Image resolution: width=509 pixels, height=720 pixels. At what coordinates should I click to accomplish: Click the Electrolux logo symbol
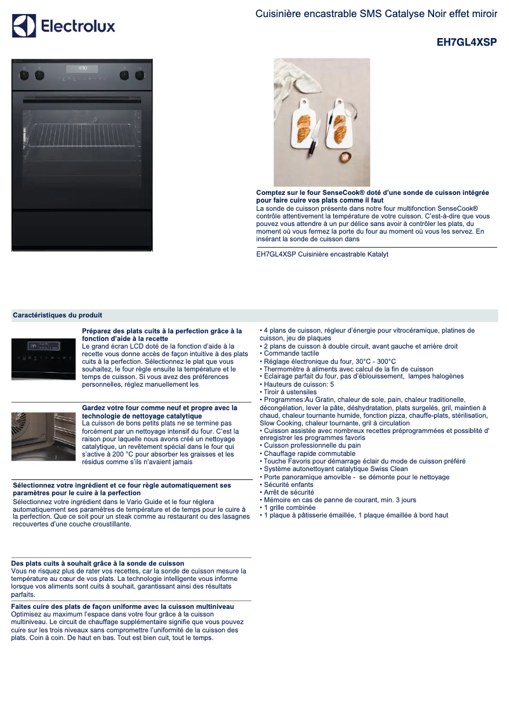pos(24,26)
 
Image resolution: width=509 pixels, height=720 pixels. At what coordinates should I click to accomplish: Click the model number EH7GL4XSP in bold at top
pos(466,43)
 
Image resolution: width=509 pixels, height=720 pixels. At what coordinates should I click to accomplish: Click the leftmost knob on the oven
pos(24,75)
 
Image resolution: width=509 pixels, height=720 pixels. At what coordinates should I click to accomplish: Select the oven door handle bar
pos(83,98)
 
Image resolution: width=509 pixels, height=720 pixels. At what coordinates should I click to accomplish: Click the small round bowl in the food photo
pos(345,157)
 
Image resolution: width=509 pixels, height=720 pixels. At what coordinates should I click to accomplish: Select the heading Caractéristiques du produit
pos(57,316)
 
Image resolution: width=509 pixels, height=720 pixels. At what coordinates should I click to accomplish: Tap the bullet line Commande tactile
pos(291,354)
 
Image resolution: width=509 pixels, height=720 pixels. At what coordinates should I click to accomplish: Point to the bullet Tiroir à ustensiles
pos(290,392)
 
